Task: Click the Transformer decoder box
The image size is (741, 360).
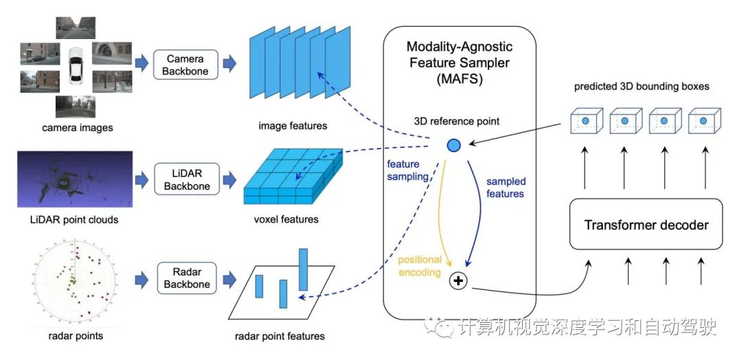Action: [x=646, y=224]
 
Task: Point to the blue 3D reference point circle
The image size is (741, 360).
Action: [x=454, y=145]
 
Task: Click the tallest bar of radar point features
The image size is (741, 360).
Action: [x=304, y=269]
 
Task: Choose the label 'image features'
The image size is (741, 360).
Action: [x=293, y=125]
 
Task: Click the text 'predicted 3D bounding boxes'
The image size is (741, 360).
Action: [x=642, y=87]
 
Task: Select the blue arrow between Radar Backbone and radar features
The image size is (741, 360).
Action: [x=231, y=280]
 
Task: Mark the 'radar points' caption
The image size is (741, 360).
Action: [x=75, y=336]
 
